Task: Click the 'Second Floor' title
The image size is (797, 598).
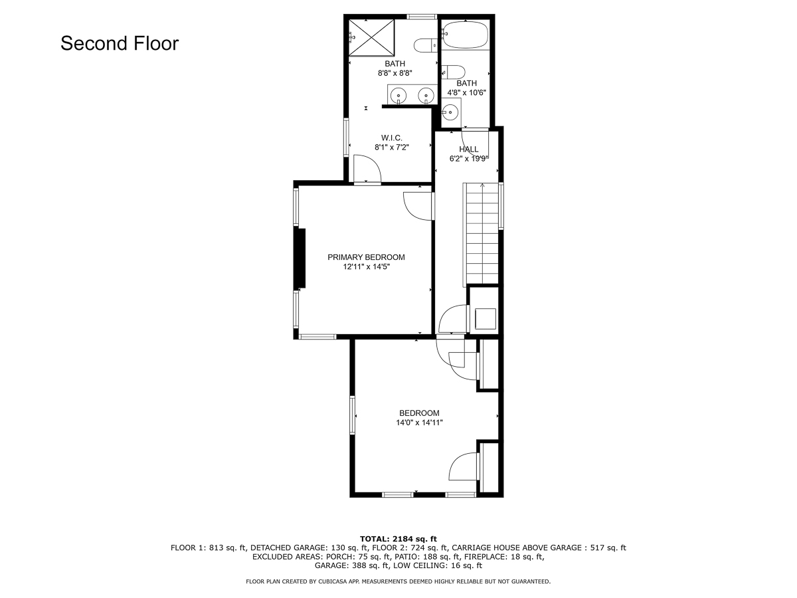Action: click(120, 43)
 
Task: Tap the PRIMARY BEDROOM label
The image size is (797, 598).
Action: click(366, 257)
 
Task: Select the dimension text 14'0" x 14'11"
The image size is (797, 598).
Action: click(419, 423)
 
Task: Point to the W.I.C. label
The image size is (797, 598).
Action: click(392, 138)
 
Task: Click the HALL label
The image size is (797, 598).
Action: click(468, 149)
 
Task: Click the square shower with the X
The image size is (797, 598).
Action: click(371, 38)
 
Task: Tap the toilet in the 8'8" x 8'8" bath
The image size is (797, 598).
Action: click(426, 46)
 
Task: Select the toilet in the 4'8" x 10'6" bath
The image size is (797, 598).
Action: click(453, 72)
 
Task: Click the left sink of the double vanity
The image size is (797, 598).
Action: click(398, 96)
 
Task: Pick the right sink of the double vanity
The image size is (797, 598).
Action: click(426, 96)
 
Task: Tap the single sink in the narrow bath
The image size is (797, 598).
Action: click(450, 112)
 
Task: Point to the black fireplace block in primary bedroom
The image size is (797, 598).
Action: click(302, 258)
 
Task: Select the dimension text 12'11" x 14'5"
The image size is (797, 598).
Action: click(366, 267)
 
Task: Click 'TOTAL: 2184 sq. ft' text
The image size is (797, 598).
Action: click(398, 539)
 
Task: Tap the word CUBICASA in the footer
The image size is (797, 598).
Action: click(331, 581)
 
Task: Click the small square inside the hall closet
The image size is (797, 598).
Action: click(486, 319)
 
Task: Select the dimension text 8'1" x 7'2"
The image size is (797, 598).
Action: click(392, 148)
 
